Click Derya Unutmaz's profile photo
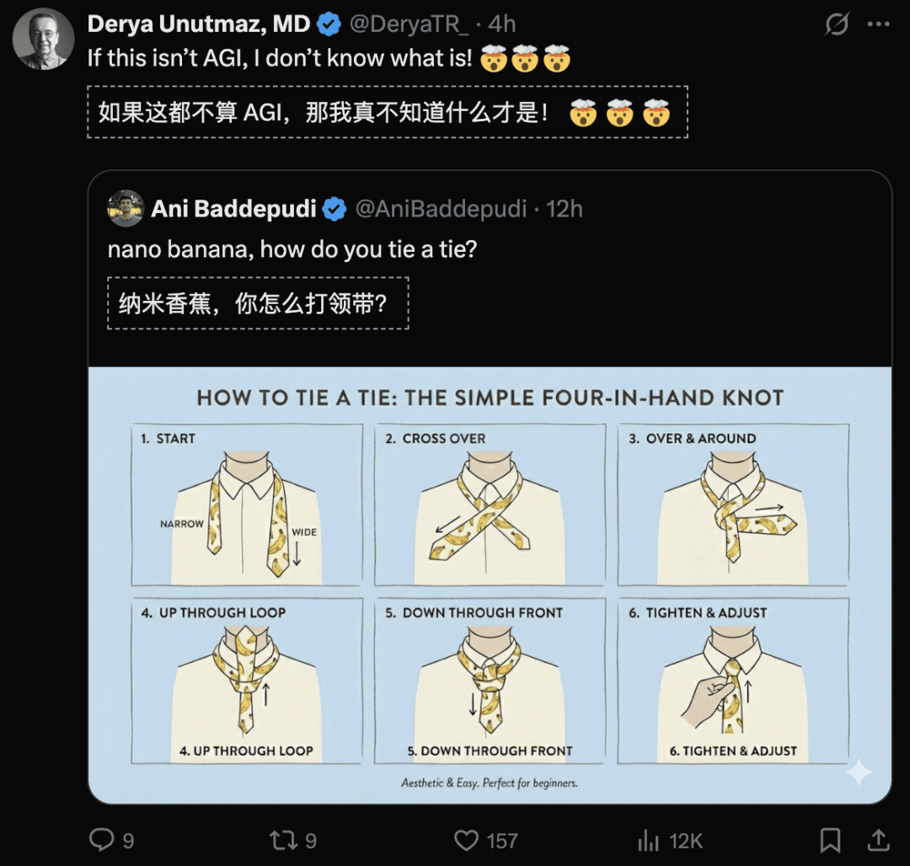pos(44,39)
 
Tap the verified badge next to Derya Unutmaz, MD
pos(329,24)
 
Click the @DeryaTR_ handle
pos(409,24)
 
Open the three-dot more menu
pos(878,24)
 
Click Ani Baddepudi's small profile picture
pos(126,208)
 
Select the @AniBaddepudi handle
pos(441,209)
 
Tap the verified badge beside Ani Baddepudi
pos(335,210)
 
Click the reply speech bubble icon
pos(102,839)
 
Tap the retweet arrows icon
pos(283,840)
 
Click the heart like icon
pos(466,840)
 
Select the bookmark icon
pos(830,840)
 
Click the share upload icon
pos(879,839)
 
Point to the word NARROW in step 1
pos(182,524)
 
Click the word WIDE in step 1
pos(304,532)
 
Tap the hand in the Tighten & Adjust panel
pos(706,702)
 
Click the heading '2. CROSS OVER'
pos(436,439)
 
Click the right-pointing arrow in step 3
pos(769,509)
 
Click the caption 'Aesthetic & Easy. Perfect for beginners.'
pos(490,783)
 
